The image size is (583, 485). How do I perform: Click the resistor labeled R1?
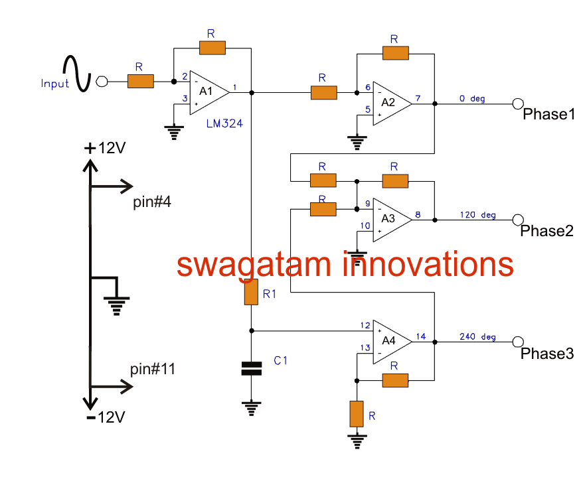pos(251,292)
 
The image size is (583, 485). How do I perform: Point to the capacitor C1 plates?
pos(251,368)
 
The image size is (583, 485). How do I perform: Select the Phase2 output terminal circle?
pos(517,219)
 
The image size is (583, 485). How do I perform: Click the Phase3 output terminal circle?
pos(517,341)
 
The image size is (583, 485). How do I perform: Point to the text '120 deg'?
pos(477,215)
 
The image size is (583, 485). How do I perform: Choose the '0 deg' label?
pos(472,99)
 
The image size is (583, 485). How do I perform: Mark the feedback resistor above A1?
pos(212,47)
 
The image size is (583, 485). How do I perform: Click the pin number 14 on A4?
pos(421,336)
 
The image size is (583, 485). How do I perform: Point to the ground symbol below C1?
pos(251,407)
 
